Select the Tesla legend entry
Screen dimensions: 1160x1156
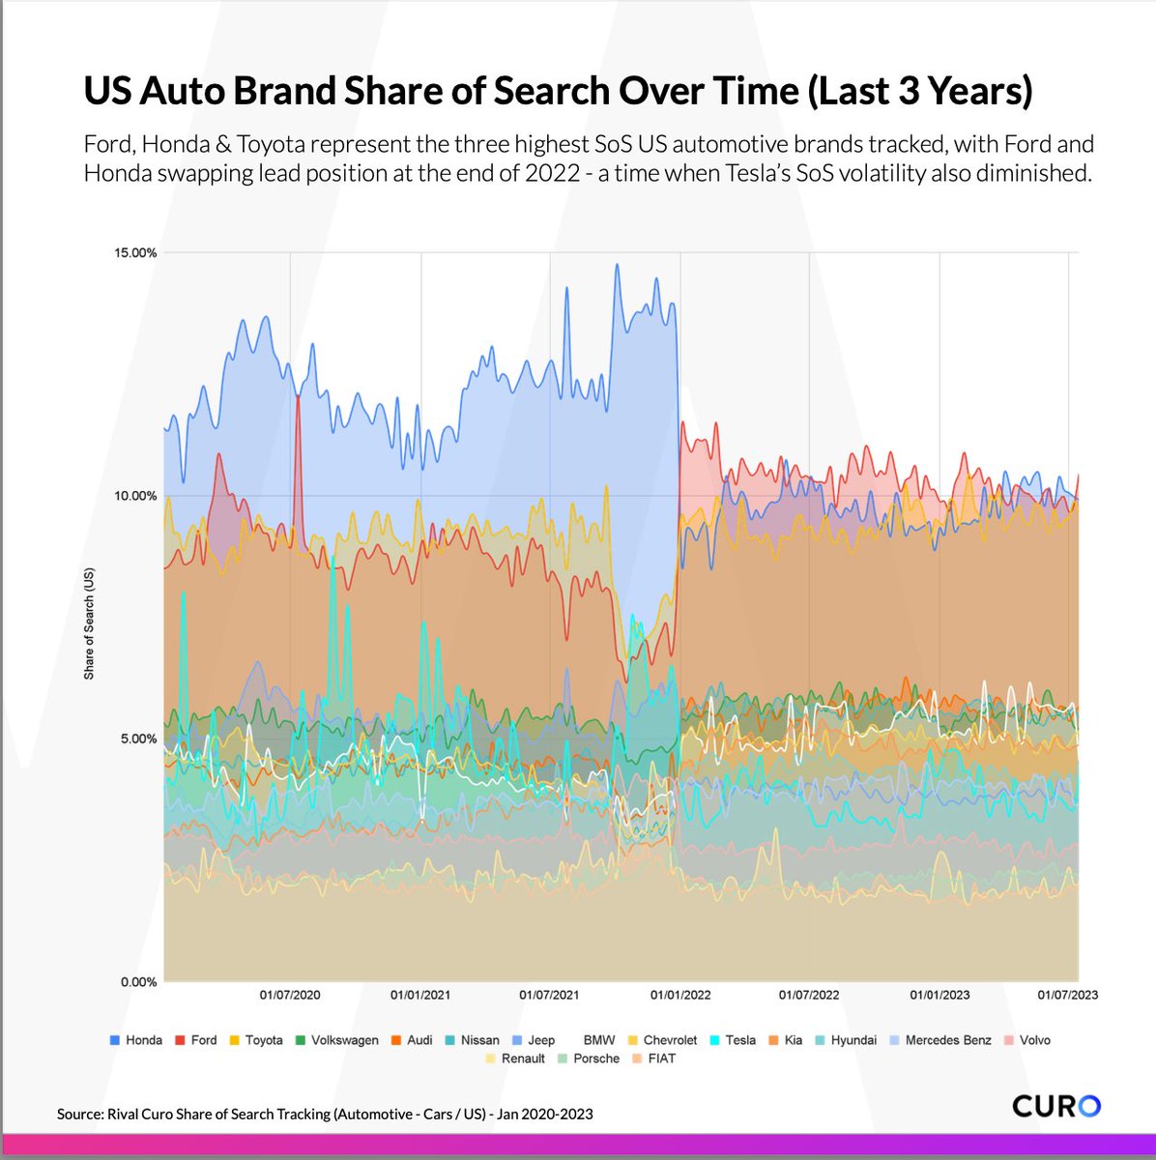tap(733, 1040)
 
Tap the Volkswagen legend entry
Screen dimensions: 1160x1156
tap(337, 1040)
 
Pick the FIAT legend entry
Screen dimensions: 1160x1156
tap(654, 1058)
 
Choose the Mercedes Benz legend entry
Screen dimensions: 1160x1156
tap(939, 1040)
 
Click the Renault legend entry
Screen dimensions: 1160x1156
tap(515, 1058)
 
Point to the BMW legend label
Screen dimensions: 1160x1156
tap(599, 1040)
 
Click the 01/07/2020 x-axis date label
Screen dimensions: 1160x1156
tap(290, 995)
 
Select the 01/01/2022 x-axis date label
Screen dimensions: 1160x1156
tap(680, 995)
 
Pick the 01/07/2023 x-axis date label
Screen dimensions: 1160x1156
tap(1067, 995)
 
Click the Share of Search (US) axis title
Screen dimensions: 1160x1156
tap(89, 623)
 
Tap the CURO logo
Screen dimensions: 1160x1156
tap(1055, 1105)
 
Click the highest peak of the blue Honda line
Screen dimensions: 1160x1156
tap(617, 265)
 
